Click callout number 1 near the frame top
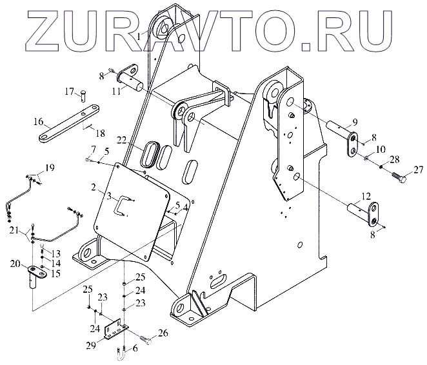click(139, 37)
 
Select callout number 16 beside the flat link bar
click(38, 121)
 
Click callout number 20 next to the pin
click(14, 263)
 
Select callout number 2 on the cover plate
click(94, 187)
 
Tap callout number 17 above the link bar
click(69, 92)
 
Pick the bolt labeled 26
click(145, 336)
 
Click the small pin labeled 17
click(83, 95)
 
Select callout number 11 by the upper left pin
click(115, 92)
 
